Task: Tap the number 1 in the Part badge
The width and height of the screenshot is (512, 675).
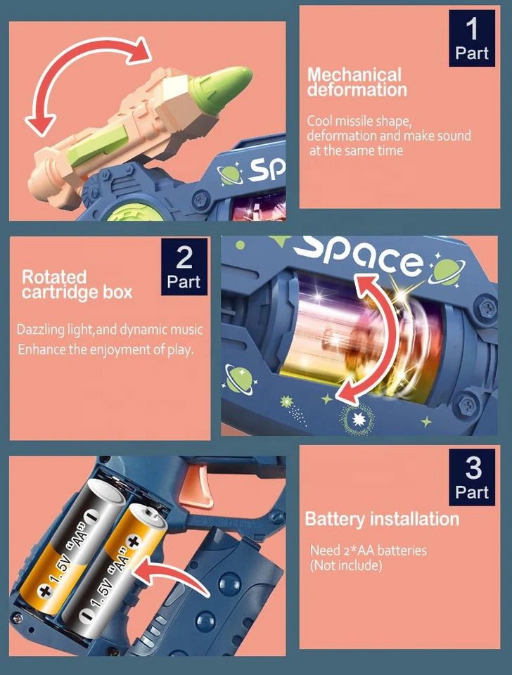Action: pyautogui.click(x=471, y=29)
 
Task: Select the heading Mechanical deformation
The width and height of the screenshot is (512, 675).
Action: pyautogui.click(x=357, y=82)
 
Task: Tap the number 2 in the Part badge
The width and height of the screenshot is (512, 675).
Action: pyautogui.click(x=184, y=258)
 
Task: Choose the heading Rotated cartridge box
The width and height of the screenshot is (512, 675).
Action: pyautogui.click(x=76, y=284)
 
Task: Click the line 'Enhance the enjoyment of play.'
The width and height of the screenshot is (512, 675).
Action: pyautogui.click(x=105, y=349)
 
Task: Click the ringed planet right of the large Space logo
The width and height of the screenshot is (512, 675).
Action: pyautogui.click(x=445, y=270)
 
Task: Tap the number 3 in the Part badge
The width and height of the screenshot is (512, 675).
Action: pyautogui.click(x=471, y=468)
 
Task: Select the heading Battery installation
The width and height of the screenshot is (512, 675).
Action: pyautogui.click(x=381, y=520)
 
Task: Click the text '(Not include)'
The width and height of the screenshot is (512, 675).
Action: pyautogui.click(x=346, y=565)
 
